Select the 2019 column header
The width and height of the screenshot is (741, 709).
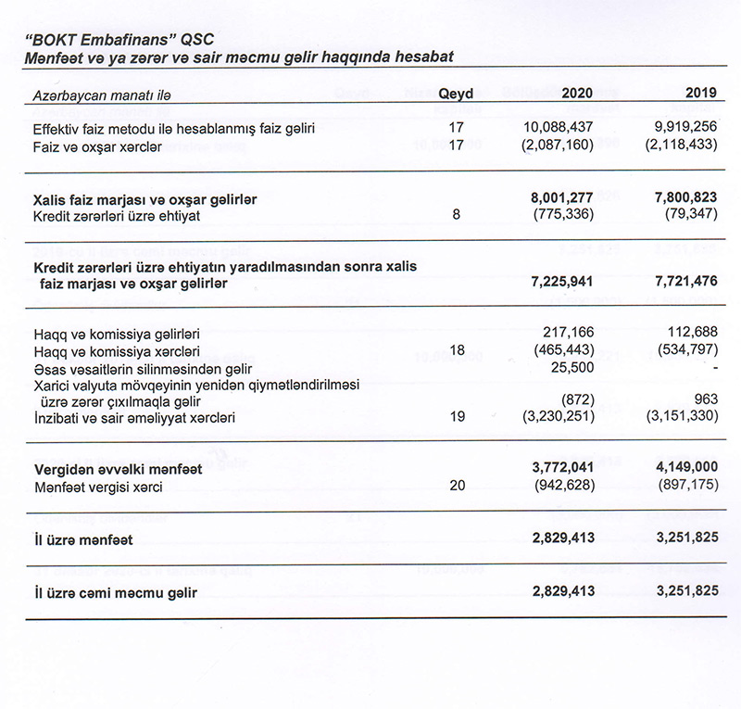tap(701, 94)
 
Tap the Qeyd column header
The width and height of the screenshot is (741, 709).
tap(455, 94)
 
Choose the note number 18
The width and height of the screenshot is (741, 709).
tap(455, 351)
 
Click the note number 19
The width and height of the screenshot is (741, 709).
tap(455, 417)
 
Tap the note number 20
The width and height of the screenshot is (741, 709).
tap(455, 487)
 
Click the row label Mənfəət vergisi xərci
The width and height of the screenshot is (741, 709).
tap(98, 487)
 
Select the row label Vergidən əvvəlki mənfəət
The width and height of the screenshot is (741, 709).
tap(118, 470)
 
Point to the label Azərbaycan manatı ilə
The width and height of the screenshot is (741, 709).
tap(102, 95)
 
